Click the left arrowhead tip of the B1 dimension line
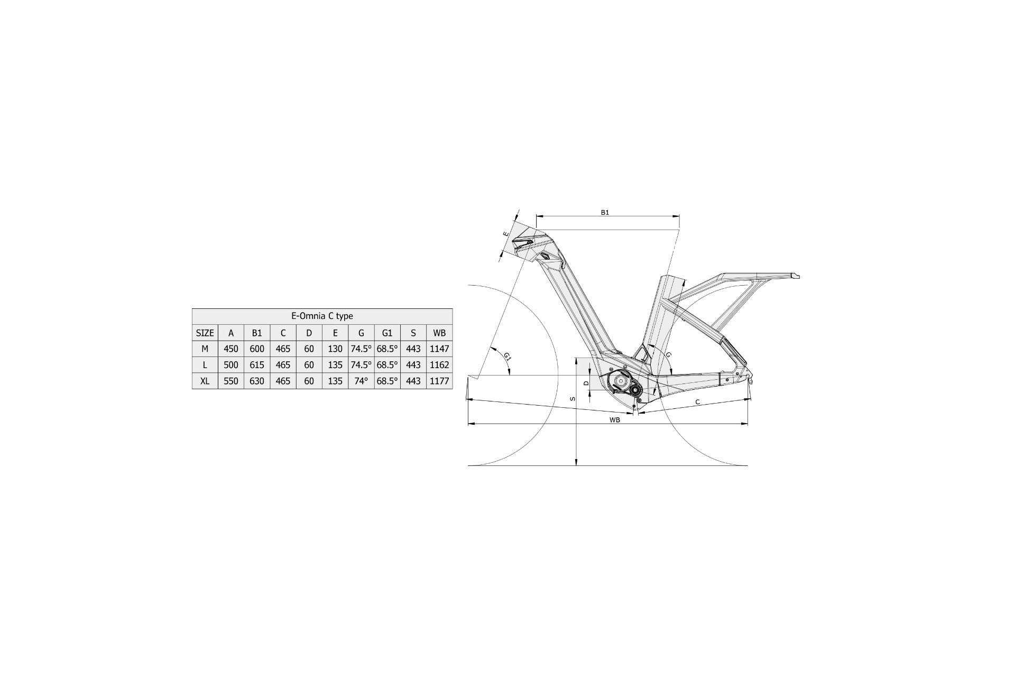click(537, 216)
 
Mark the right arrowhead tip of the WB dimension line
click(748, 424)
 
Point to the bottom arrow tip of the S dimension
click(576, 465)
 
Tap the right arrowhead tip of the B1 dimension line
click(679, 216)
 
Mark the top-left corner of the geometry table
click(192, 308)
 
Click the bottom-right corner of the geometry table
click(453, 389)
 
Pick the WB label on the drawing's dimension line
click(614, 419)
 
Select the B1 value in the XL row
click(257, 381)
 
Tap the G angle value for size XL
click(362, 381)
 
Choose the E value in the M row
click(335, 349)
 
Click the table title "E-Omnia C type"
click(322, 316)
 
